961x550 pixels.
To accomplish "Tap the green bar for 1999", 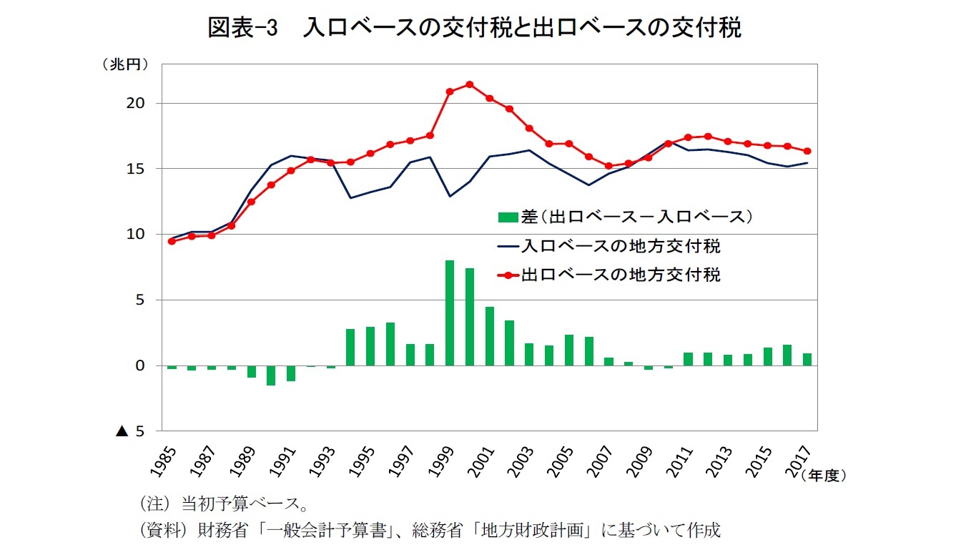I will point(450,313).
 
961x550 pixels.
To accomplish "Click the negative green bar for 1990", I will point(271,375).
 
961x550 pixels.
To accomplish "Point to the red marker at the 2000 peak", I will point(470,84).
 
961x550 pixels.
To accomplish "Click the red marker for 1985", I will point(172,241).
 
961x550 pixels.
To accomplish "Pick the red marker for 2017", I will point(807,151).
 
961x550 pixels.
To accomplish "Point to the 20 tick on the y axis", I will point(137,103).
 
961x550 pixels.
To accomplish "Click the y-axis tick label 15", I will point(137,169).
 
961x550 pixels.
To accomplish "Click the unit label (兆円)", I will point(124,64).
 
